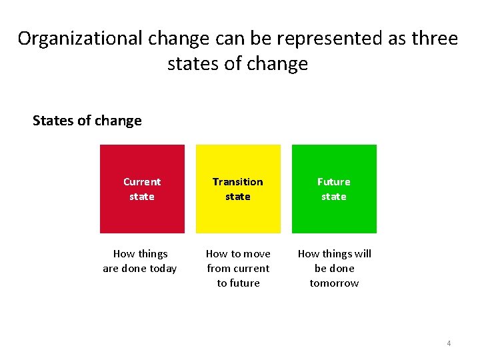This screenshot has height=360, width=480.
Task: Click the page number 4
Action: point(449,343)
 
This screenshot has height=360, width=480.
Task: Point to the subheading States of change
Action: point(87,121)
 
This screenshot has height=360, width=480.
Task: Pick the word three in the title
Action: point(435,39)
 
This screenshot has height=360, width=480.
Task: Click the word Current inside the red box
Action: point(142,181)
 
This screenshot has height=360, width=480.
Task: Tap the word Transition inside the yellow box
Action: point(238,181)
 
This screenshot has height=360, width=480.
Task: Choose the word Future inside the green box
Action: point(334,181)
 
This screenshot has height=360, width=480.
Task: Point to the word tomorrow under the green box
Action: point(334,283)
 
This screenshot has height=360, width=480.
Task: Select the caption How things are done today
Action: point(140,261)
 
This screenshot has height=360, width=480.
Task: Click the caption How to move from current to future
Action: point(238,269)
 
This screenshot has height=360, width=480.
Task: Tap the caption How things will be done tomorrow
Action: point(334,269)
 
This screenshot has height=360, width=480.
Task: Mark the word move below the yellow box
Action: point(257,254)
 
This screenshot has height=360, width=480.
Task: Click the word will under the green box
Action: point(363,254)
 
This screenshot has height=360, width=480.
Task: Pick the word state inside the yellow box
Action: point(238,197)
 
